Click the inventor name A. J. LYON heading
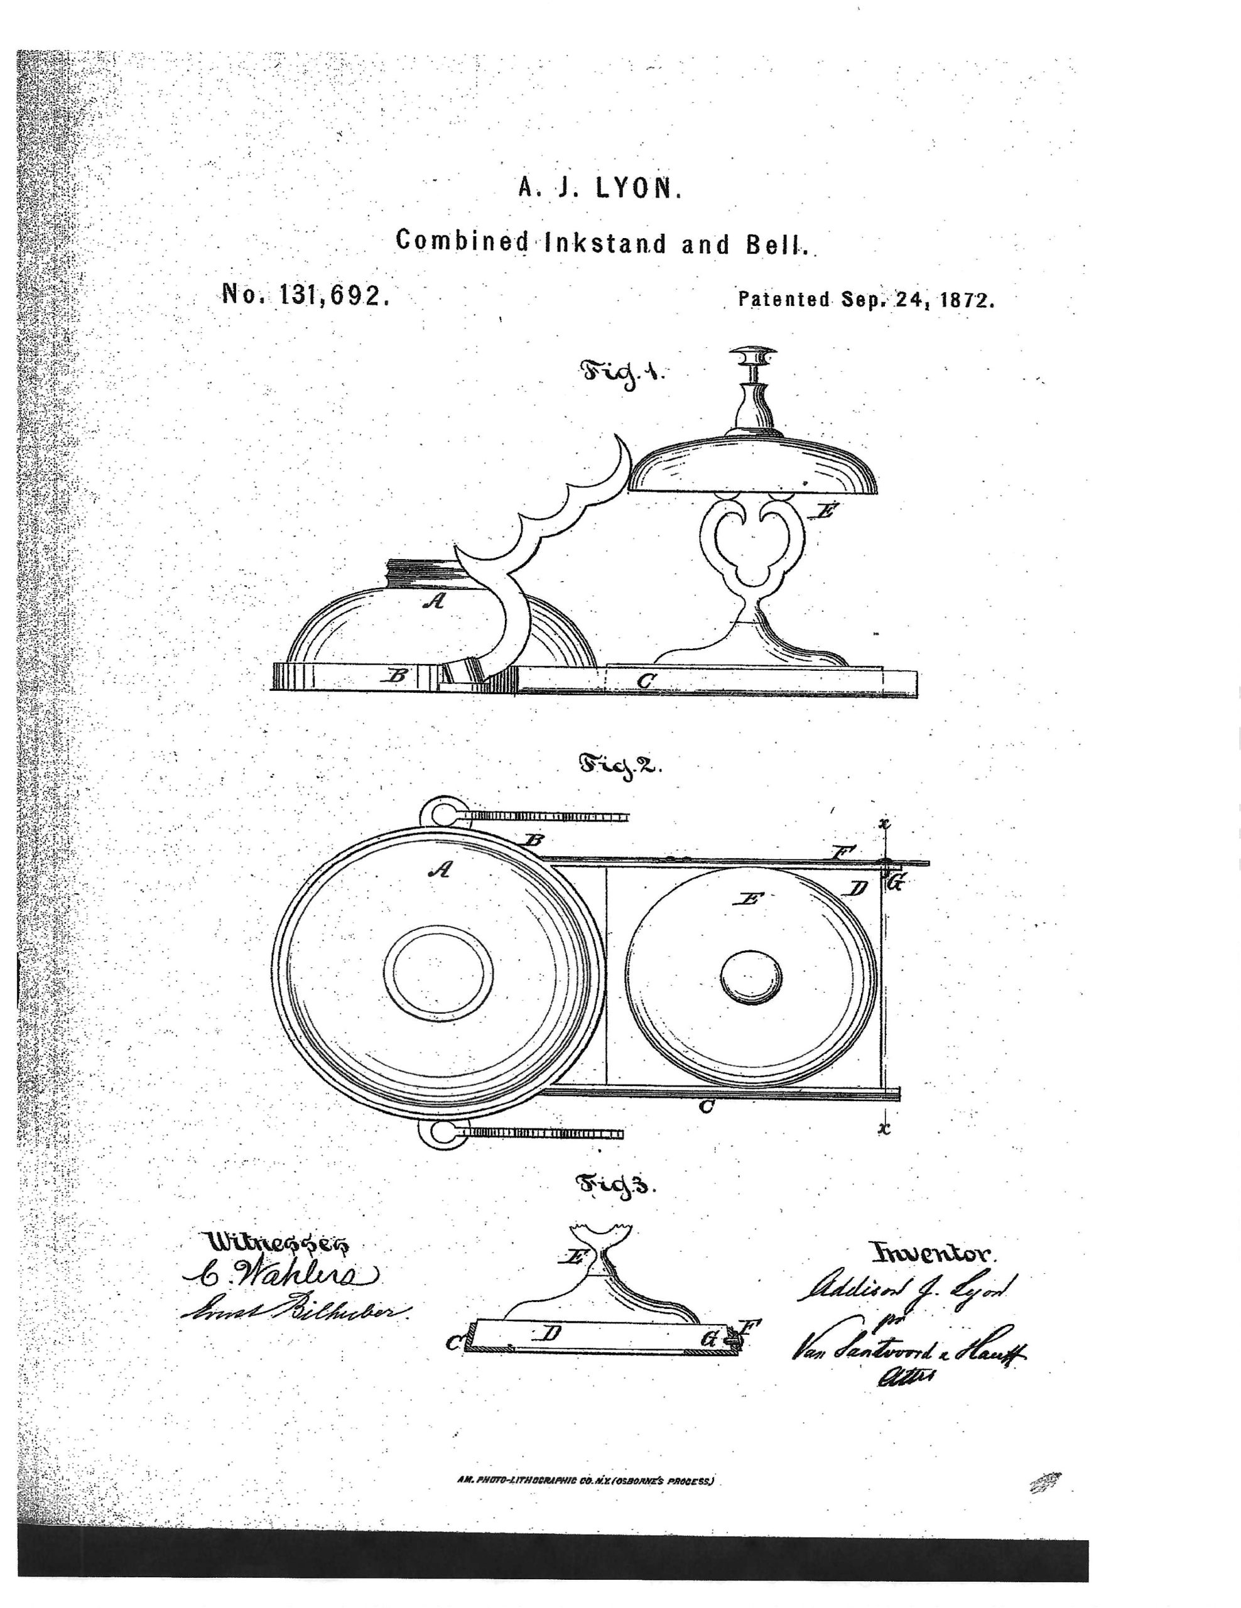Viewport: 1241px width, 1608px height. pos(600,189)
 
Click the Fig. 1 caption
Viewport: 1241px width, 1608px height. pos(621,373)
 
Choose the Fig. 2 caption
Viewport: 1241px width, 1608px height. pos(620,766)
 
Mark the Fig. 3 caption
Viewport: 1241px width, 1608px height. pos(615,1185)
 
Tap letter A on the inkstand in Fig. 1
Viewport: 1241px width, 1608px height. pos(435,600)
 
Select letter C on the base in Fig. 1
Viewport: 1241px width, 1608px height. pos(646,681)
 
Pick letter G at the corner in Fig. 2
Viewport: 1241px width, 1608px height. pos(895,883)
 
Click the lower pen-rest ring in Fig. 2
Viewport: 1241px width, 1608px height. pos(440,1133)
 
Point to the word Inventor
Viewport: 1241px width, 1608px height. pos(933,1252)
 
